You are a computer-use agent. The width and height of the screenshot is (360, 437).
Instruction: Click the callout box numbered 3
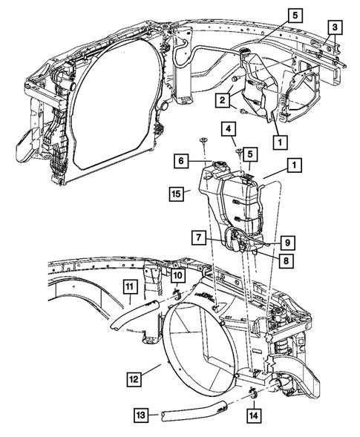(x=336, y=27)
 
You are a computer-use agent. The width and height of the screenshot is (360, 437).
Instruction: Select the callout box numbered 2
(x=221, y=99)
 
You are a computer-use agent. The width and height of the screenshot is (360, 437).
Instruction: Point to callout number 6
(x=180, y=160)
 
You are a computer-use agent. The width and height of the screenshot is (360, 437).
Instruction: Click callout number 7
(x=198, y=237)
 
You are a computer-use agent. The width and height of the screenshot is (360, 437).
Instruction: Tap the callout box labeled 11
(x=128, y=286)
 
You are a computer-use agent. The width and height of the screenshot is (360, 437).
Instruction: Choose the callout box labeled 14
(x=254, y=416)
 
